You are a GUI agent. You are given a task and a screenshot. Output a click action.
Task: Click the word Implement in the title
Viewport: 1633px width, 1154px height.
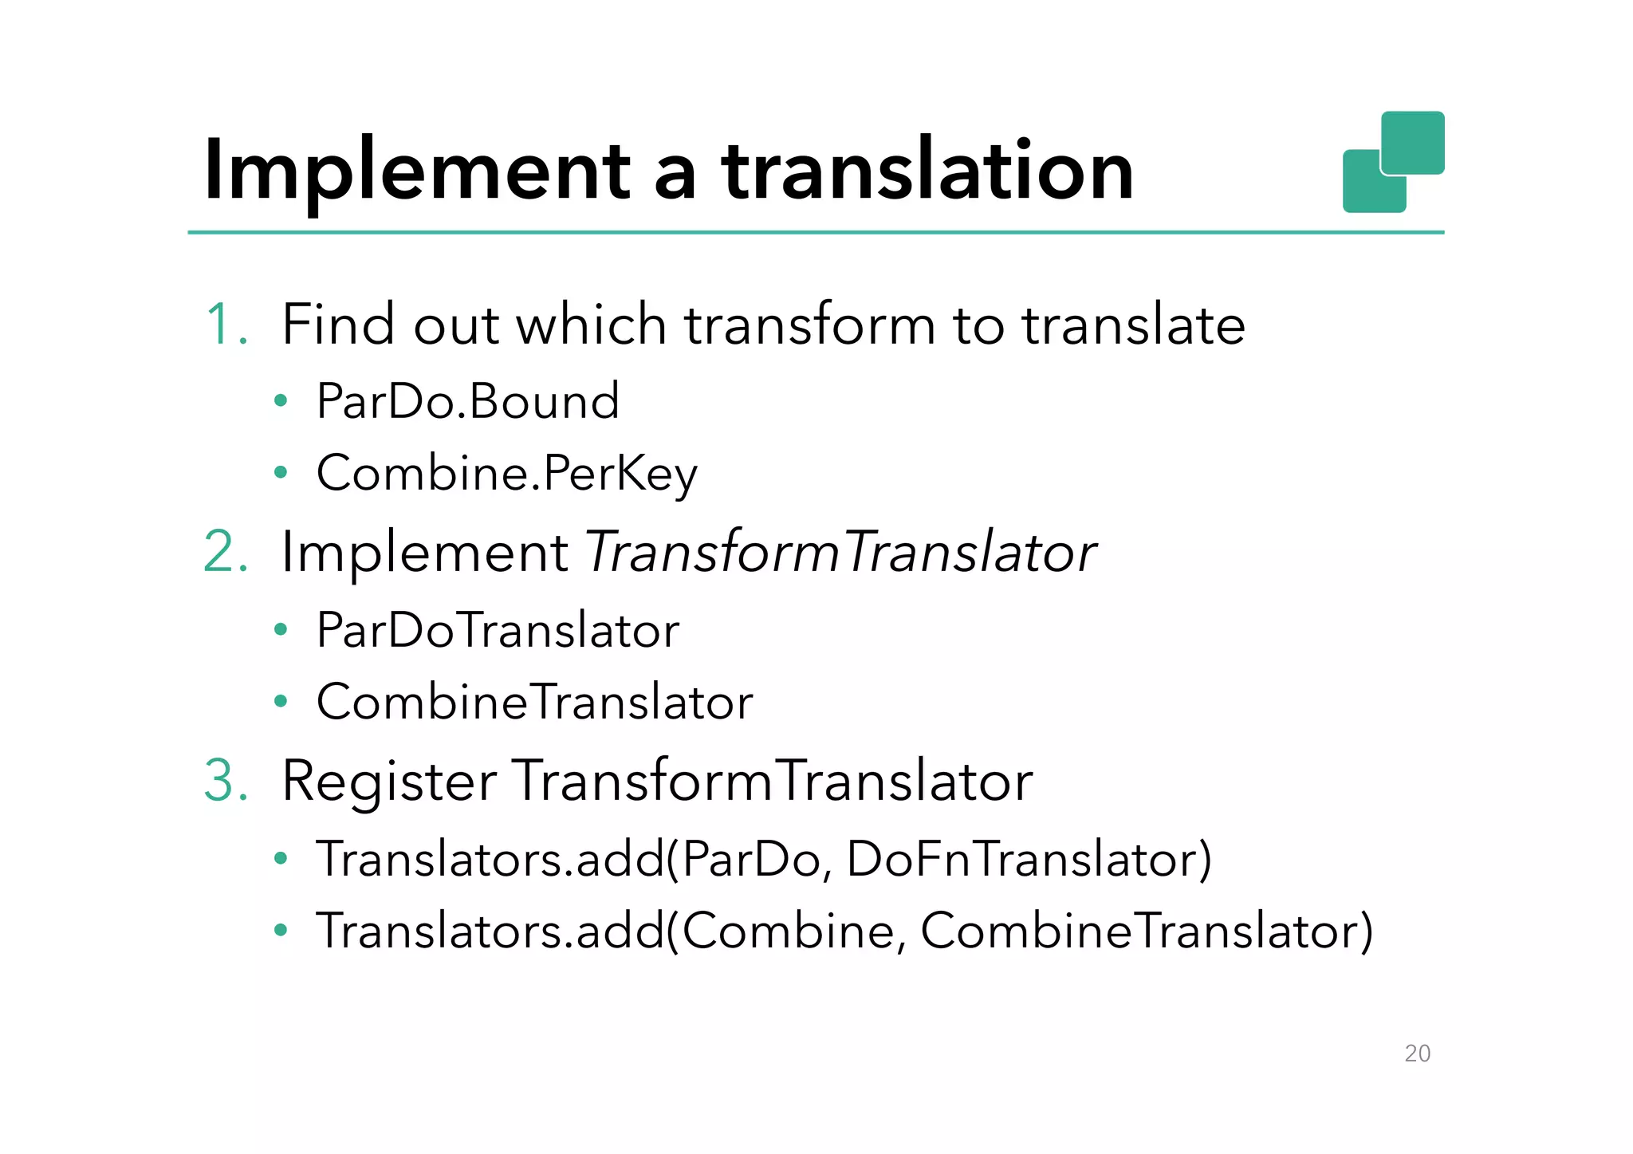(x=418, y=171)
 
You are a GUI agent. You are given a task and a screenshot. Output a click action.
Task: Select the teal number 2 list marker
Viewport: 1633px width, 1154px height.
(x=226, y=551)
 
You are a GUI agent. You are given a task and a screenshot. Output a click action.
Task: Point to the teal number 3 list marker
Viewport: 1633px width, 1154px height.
(x=226, y=780)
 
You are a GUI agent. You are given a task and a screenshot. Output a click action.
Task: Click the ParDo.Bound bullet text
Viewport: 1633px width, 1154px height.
(x=467, y=400)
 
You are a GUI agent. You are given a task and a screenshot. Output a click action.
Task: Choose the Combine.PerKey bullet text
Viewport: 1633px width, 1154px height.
(x=507, y=473)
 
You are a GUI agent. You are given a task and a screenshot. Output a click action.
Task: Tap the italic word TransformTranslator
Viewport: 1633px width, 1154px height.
(x=841, y=552)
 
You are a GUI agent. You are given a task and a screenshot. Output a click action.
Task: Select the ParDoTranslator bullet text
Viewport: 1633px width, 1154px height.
(x=498, y=630)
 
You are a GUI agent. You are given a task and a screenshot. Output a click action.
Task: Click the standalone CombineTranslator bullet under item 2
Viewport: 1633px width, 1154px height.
(x=534, y=702)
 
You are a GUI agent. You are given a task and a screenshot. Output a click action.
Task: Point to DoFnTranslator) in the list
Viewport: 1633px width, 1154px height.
(x=1029, y=860)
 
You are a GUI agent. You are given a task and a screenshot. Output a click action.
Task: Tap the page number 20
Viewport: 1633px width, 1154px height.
(x=1417, y=1054)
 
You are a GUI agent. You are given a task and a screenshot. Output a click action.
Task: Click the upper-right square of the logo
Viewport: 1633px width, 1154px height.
(x=1412, y=142)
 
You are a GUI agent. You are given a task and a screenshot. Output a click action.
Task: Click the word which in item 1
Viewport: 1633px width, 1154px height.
(x=591, y=325)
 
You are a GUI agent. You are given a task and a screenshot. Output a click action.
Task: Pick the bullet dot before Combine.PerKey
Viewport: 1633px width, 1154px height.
(x=280, y=473)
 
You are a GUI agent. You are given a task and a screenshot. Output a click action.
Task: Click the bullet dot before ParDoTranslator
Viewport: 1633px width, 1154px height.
(x=280, y=630)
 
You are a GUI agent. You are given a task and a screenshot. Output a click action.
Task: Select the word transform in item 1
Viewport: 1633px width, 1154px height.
(x=809, y=325)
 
